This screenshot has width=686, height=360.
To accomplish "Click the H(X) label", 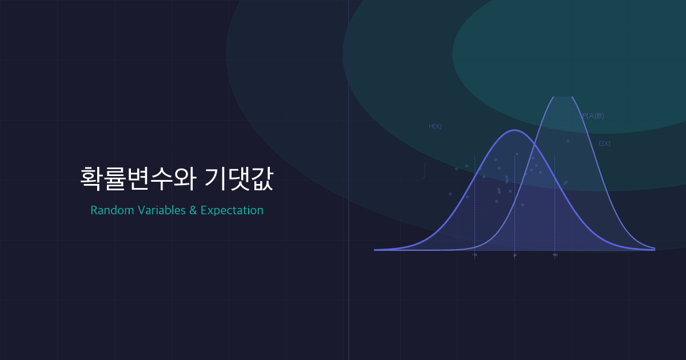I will pos(435,126).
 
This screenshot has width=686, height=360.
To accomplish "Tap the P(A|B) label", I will pos(593,116).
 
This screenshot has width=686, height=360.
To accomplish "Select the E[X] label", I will pos(604,143).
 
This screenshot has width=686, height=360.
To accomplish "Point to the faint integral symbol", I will pos(424,171).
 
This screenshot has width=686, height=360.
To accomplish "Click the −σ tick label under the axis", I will pos(474,255).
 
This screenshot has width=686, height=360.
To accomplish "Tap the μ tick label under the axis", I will pos(514,255).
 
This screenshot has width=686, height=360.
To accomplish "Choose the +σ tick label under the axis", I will pos(555,255).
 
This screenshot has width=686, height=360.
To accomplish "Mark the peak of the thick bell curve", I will pos(514,130).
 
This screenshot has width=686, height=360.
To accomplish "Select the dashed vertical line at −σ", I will pos(474,217).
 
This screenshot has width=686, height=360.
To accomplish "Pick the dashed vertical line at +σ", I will pos(555,217).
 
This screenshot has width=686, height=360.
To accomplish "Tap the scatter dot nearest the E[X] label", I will pos(568,141).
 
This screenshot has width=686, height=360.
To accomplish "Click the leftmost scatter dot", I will pos(450,194).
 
